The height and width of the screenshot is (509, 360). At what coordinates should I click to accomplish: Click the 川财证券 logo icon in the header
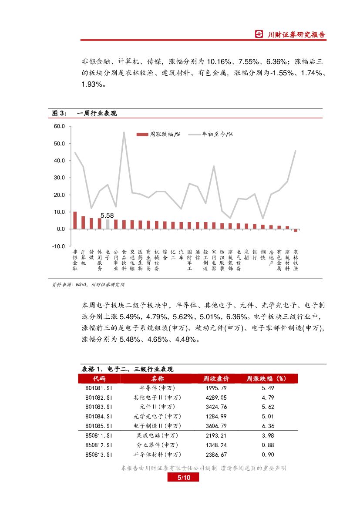pos(259,35)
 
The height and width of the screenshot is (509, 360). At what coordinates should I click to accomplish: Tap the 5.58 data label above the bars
pos(107,216)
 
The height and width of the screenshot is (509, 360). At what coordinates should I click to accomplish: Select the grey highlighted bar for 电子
pos(108,224)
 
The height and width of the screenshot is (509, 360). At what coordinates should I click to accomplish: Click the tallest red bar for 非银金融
pos(75,220)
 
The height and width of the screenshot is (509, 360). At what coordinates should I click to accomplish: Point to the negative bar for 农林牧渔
pos(296,230)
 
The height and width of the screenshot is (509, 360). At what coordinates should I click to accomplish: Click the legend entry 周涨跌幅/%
pos(158,135)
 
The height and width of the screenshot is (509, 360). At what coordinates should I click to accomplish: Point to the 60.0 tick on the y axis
pos(59,126)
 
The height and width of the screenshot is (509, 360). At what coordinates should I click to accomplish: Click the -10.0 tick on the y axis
pos(58,246)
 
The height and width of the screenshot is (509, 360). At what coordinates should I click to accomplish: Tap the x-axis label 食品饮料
pos(124,260)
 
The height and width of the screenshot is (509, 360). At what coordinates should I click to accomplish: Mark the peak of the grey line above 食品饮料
pos(124,132)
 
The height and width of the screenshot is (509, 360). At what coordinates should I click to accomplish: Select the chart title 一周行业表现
pos(97,114)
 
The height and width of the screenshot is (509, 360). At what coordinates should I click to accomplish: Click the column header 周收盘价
pos(216,378)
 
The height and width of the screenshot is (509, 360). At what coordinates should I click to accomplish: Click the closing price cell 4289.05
pos(216,397)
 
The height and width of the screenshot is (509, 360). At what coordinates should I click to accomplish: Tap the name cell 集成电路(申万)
pos(157,435)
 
